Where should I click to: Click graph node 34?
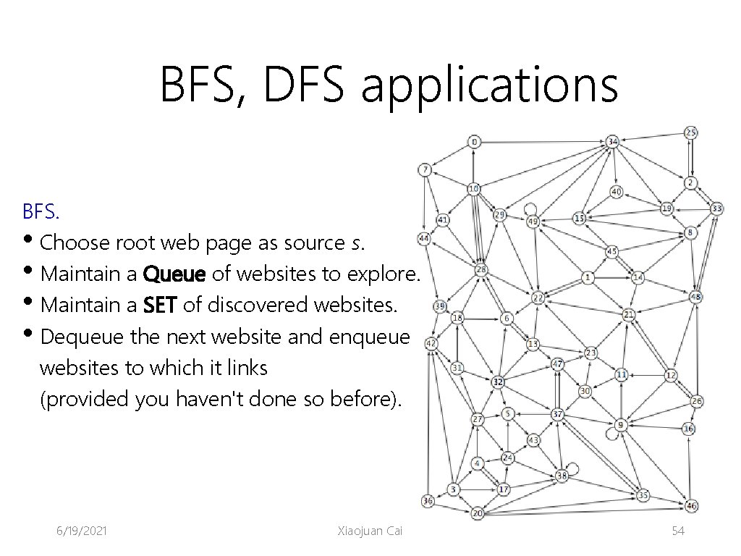click(613, 140)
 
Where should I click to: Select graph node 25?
click(691, 132)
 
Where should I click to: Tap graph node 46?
click(692, 506)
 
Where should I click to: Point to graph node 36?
click(428, 501)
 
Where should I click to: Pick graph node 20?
click(478, 513)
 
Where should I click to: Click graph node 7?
click(425, 170)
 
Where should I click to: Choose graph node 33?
click(716, 208)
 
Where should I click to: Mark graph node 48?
click(695, 297)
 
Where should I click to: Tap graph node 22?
click(538, 298)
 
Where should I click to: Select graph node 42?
click(431, 343)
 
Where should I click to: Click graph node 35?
click(643, 496)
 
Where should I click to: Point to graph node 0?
click(474, 142)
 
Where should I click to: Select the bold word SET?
click(160, 306)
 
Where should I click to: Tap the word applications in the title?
click(489, 84)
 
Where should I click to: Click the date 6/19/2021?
click(82, 531)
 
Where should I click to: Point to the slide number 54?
click(678, 531)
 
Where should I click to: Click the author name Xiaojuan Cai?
click(369, 531)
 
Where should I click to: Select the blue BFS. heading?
click(42, 212)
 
